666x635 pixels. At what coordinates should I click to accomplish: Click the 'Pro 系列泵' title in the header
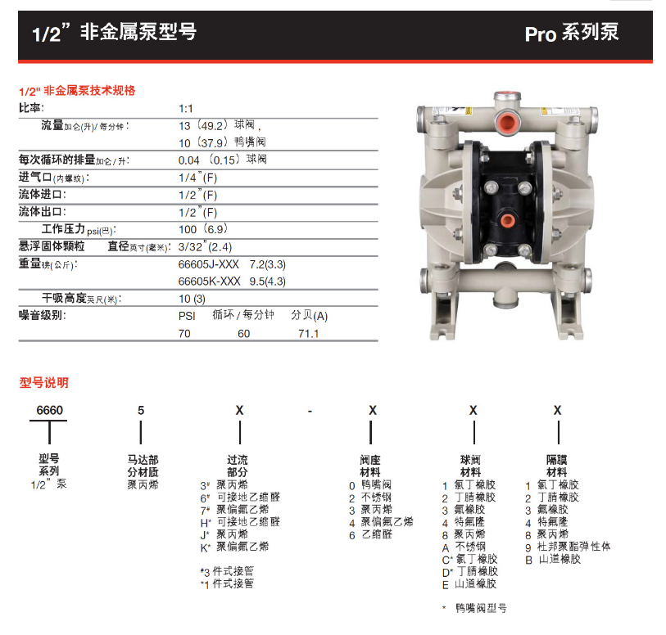click(572, 33)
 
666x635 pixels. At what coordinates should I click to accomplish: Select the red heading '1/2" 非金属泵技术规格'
click(77, 91)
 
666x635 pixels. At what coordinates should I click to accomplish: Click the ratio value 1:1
click(186, 109)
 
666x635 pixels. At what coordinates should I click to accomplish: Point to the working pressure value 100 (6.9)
click(203, 229)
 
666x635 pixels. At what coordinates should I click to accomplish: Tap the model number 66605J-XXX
click(209, 264)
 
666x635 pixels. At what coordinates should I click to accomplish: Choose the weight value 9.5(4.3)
click(268, 281)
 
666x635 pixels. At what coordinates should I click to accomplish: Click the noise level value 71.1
click(308, 334)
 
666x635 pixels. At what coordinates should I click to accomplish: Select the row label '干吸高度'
click(64, 298)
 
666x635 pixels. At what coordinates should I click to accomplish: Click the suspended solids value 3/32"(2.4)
click(205, 246)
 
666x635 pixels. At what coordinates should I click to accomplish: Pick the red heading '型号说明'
click(43, 383)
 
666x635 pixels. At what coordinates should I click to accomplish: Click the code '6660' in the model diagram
click(50, 410)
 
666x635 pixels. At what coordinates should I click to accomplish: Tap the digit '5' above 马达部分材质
click(141, 410)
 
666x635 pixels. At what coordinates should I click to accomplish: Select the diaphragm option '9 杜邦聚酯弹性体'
click(568, 547)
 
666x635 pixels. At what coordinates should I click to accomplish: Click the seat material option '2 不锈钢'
click(370, 498)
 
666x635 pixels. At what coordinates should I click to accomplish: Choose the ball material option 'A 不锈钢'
click(464, 547)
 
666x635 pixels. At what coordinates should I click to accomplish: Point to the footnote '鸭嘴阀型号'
click(481, 608)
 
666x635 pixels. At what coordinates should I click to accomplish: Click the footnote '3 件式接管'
click(227, 571)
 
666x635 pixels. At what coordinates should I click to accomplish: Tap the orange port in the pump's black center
click(506, 220)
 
